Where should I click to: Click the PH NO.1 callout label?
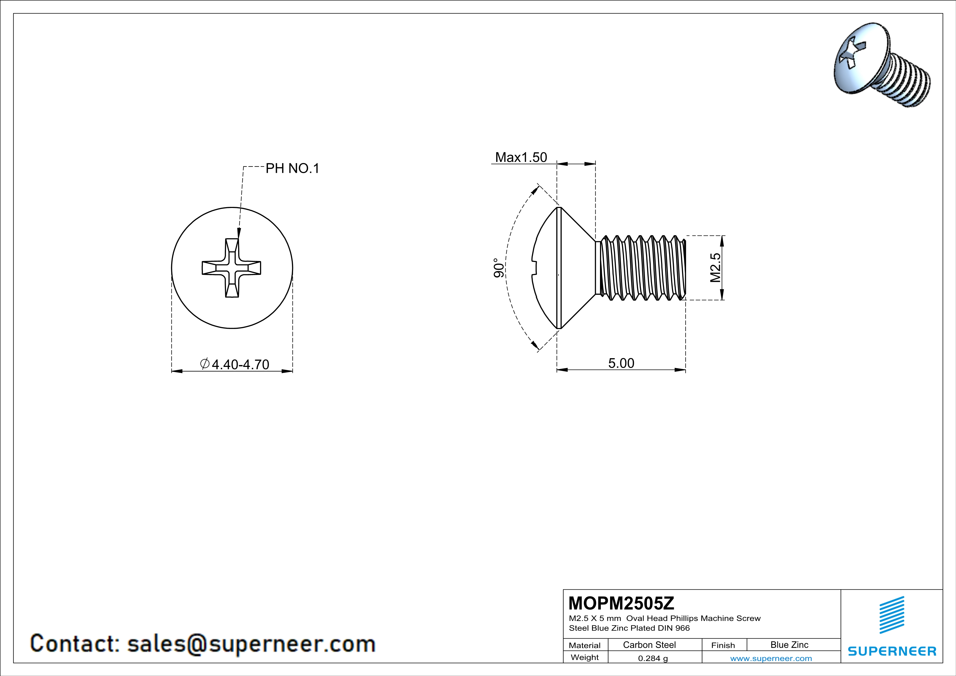(x=292, y=168)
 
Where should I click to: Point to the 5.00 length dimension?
(x=621, y=363)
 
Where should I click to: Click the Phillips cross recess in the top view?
(x=231, y=268)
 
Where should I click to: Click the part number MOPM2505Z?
(x=621, y=603)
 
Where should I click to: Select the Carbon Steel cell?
(x=649, y=645)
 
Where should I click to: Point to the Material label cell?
(x=585, y=645)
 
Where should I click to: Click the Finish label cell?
(x=723, y=645)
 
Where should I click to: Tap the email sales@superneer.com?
(x=251, y=644)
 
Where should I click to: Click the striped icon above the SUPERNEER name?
(x=891, y=615)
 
